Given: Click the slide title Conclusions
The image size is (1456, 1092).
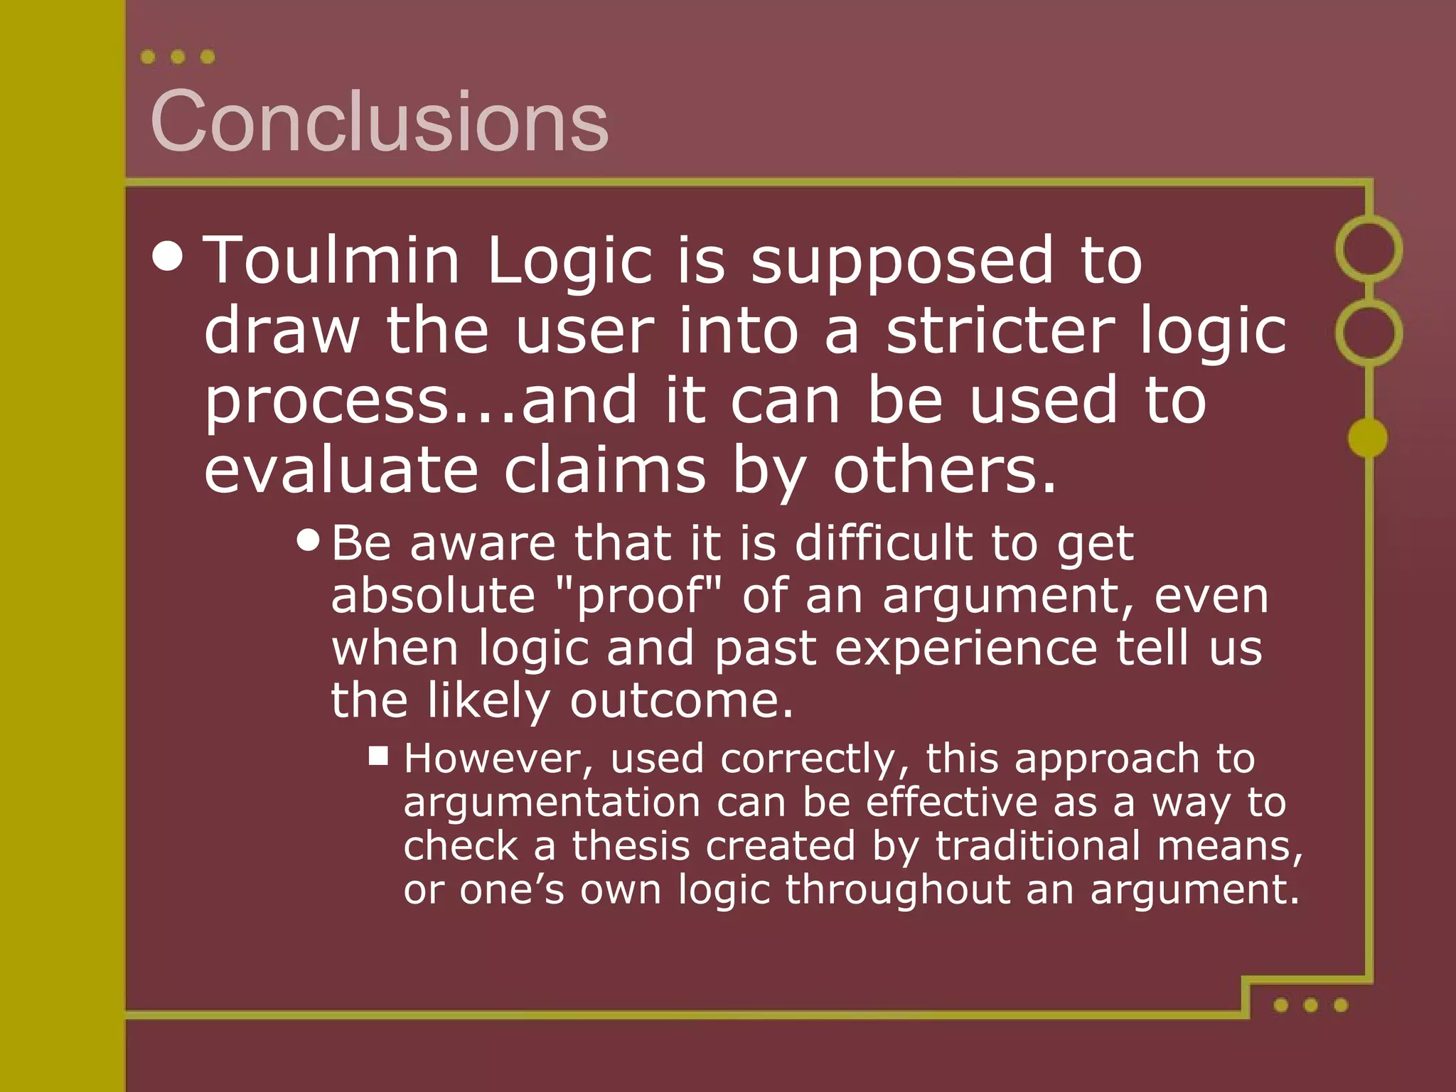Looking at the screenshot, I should [379, 121].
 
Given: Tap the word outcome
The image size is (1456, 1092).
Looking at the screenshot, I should [680, 701].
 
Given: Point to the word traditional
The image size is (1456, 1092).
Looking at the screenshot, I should [1035, 846].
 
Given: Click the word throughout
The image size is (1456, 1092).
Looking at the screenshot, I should [897, 889].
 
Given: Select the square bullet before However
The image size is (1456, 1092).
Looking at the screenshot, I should [378, 755].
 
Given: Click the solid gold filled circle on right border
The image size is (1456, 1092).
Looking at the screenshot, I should [1368, 437].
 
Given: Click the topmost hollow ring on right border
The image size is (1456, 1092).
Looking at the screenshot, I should [1369, 248].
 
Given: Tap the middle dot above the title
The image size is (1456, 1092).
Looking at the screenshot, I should [178, 57].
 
